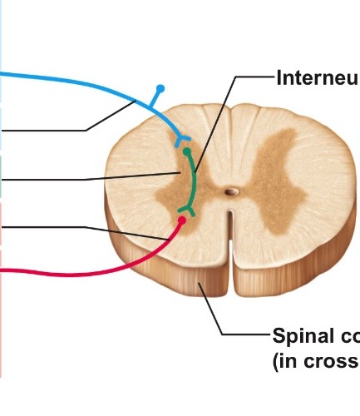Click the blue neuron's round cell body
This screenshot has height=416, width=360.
pos(161,87)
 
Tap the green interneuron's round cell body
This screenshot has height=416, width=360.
pos(187,152)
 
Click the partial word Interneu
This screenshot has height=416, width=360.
pos(315,78)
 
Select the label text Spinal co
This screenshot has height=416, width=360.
pos(315,336)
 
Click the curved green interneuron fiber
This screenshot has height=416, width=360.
pos(195,183)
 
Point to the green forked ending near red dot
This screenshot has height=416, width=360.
pos(187,210)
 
